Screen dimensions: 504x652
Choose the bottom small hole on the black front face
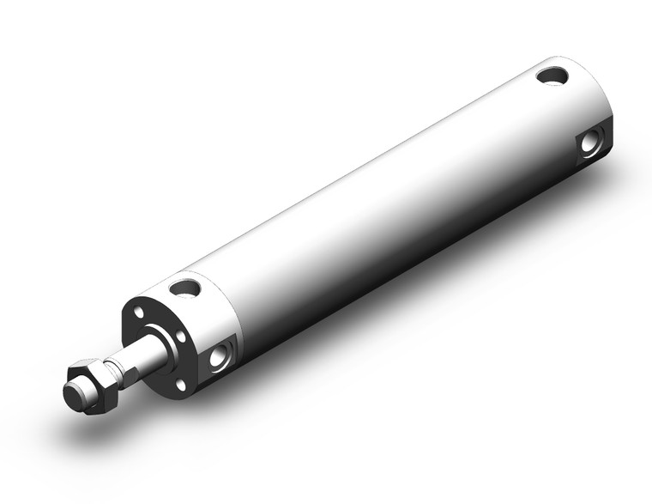click(181, 386)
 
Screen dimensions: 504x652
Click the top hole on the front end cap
click(184, 288)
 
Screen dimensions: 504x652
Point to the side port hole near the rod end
click(218, 354)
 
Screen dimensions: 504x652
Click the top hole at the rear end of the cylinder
click(552, 76)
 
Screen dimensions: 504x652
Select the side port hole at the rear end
click(590, 142)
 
